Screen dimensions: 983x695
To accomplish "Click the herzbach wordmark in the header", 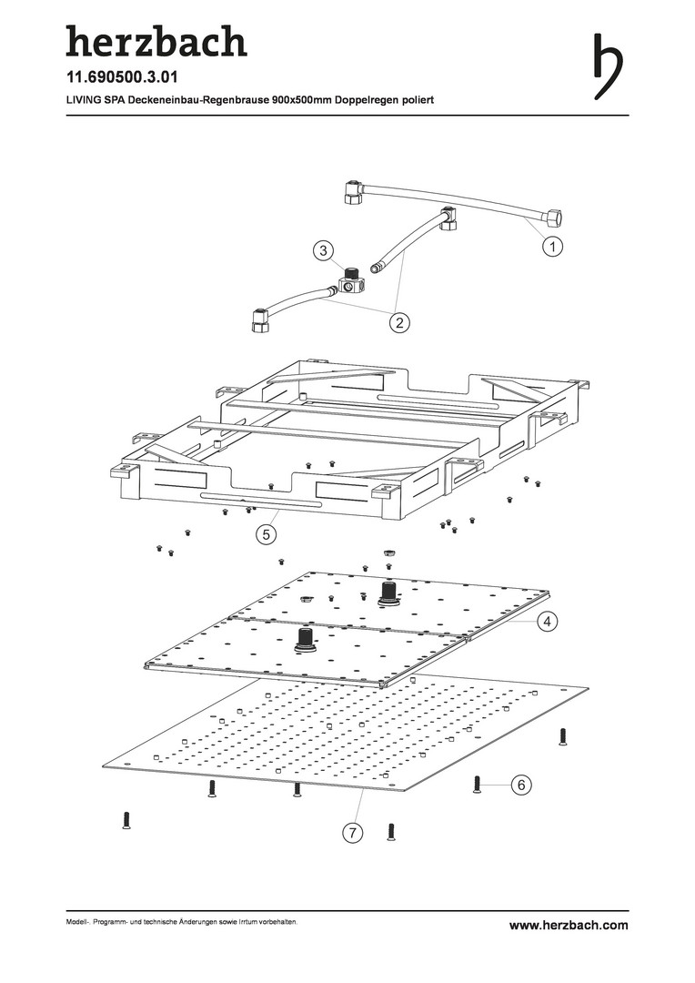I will pos(156,42).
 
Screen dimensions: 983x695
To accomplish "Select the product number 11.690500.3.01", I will pos(128,77).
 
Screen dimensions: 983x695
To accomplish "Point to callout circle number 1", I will pos(551,246).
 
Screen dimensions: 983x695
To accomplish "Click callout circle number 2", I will pos(398,320).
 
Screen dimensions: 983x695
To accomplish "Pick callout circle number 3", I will pos(323,249).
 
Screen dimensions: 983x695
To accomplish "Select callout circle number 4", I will pos(548,623).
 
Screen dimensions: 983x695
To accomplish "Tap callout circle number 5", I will pos(265,535).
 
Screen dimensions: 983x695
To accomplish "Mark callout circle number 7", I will pos(351,832).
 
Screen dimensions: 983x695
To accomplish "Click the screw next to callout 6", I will pos(477,785).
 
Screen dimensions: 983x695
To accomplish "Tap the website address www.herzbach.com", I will pos(569,925).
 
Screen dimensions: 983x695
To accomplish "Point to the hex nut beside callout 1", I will pos(551,218).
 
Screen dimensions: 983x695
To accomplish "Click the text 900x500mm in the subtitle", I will pos(302,99).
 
